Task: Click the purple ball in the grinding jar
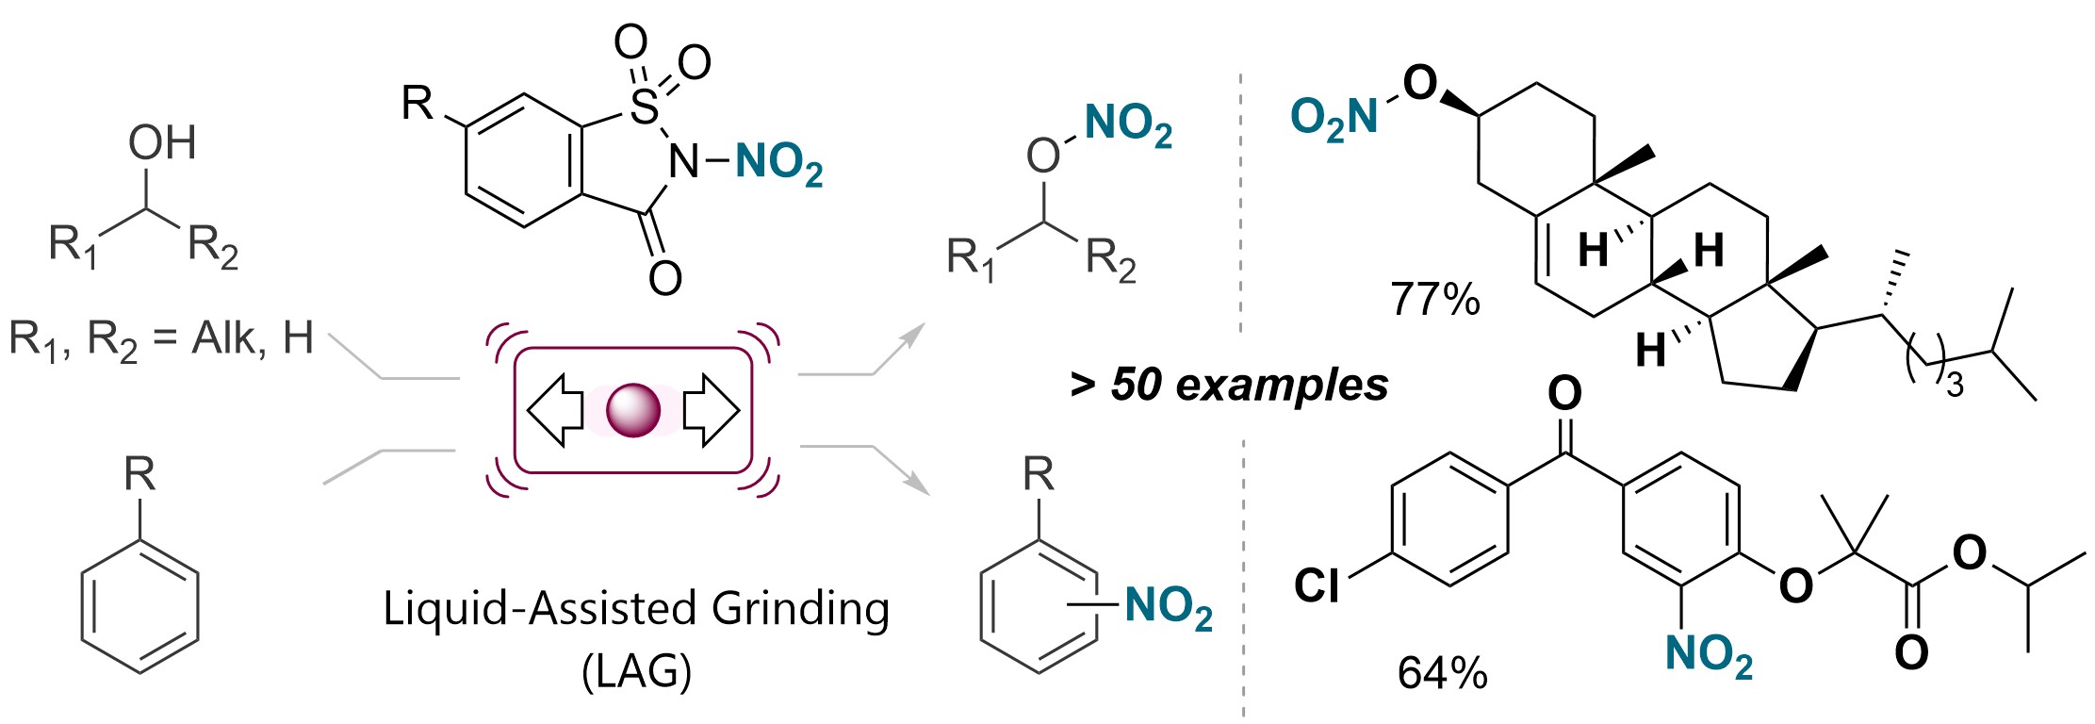pyautogui.click(x=632, y=411)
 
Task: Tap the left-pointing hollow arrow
pyautogui.click(x=556, y=411)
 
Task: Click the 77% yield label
pyautogui.click(x=1435, y=300)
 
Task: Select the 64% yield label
pyautogui.click(x=1442, y=673)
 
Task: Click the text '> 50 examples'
pyautogui.click(x=1229, y=385)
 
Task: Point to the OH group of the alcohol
pyautogui.click(x=162, y=143)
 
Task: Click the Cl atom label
pyautogui.click(x=1317, y=585)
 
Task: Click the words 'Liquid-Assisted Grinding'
pyautogui.click(x=636, y=608)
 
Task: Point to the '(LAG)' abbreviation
pyautogui.click(x=636, y=671)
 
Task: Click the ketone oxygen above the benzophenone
pyautogui.click(x=1564, y=393)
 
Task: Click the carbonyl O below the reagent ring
pyautogui.click(x=665, y=277)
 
